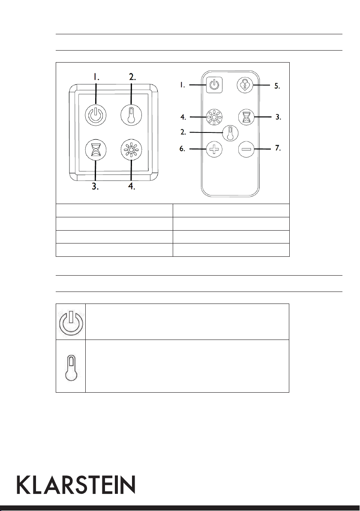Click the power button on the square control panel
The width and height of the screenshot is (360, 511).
pyautogui.click(x=95, y=115)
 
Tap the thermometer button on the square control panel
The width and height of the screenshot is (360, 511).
pyautogui.click(x=131, y=115)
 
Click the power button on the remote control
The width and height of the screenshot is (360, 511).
pyautogui.click(x=215, y=85)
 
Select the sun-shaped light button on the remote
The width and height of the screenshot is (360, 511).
pyautogui.click(x=214, y=117)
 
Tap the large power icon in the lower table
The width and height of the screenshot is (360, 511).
pyautogui.click(x=71, y=322)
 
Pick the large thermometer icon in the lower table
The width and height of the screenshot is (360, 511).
pyautogui.click(x=71, y=366)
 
